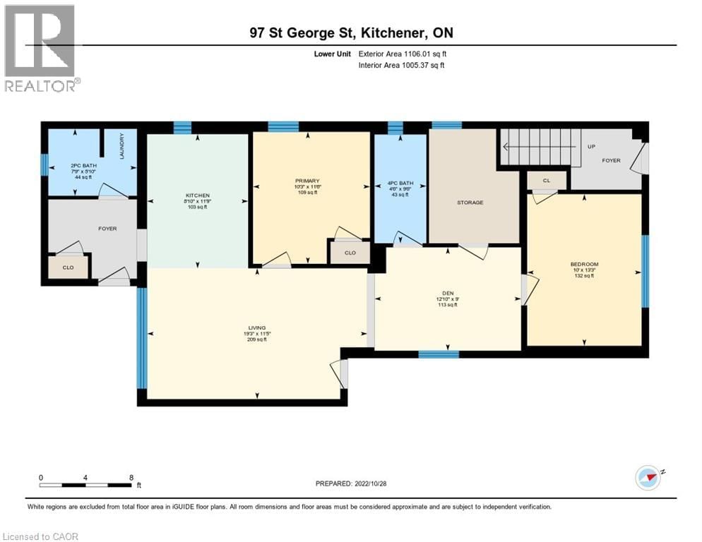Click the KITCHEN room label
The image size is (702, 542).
(x=198, y=195)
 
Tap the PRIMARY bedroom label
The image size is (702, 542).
(x=312, y=181)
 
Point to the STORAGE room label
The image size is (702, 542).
(x=470, y=203)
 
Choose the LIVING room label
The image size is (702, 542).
(x=256, y=328)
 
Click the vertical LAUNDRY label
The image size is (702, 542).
(x=122, y=146)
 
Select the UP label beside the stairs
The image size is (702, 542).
(x=591, y=147)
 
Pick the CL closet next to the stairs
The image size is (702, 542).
(x=547, y=181)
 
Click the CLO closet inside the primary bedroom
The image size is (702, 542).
(x=350, y=253)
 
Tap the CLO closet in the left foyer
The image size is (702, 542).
(x=69, y=267)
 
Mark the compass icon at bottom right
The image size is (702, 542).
(x=648, y=477)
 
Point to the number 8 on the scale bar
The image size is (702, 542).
(x=131, y=477)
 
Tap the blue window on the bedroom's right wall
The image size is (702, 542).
(x=644, y=272)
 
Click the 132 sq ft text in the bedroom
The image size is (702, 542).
(x=583, y=276)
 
